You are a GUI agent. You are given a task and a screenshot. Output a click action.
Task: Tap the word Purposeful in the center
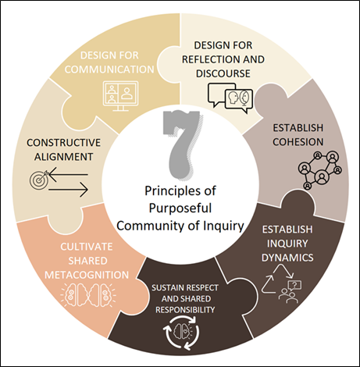click(180, 208)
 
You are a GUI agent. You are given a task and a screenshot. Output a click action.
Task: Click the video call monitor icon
click(120, 96)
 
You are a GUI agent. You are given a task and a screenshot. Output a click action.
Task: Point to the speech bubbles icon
click(230, 98)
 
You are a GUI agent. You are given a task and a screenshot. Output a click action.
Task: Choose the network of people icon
click(320, 170)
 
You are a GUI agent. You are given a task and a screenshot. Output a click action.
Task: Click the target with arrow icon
click(39, 179)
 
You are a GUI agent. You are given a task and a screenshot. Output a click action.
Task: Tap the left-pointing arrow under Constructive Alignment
click(68, 174)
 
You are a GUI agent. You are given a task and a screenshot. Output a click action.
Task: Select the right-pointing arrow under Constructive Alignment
click(68, 190)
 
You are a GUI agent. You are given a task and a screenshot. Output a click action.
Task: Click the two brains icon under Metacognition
click(88, 295)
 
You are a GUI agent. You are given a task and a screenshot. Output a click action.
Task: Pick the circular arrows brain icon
click(181, 332)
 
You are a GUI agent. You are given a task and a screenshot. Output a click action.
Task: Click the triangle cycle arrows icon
click(277, 279)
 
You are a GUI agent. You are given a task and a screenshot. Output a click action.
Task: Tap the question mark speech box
click(294, 285)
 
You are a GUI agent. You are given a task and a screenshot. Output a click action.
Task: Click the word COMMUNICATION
click(109, 69)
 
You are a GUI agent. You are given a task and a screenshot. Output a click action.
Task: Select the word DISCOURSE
click(223, 73)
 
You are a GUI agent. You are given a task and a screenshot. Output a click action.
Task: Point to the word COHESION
click(298, 142)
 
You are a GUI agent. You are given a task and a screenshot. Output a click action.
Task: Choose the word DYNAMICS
click(287, 258)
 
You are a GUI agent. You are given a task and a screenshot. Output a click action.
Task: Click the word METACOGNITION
click(87, 275)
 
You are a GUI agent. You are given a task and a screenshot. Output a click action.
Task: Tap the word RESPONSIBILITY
click(185, 310)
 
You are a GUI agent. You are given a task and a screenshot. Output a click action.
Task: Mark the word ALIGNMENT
click(64, 157)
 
